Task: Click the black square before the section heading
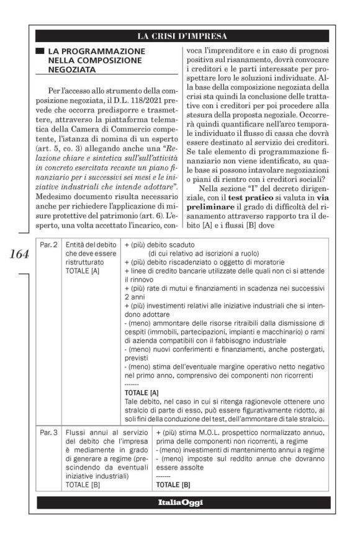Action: (39, 50)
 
